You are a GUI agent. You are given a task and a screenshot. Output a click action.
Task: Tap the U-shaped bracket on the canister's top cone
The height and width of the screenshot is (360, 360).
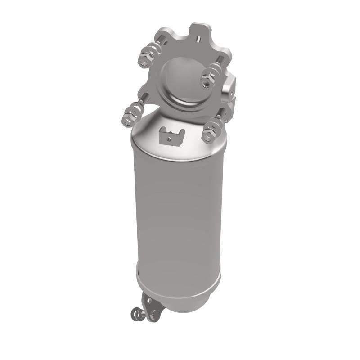click(171, 135)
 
